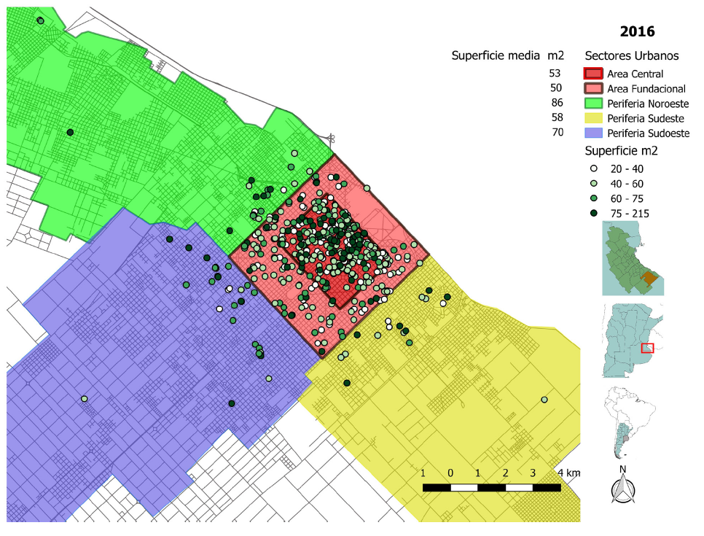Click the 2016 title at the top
pyautogui.click(x=637, y=31)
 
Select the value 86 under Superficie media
pyautogui.click(x=557, y=103)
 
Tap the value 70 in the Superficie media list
pyautogui.click(x=557, y=133)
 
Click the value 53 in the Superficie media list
pyautogui.click(x=555, y=73)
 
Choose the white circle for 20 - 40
pyautogui.click(x=594, y=168)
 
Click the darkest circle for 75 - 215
pyautogui.click(x=594, y=213)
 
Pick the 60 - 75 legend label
pyautogui.click(x=627, y=198)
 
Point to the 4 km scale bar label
pyautogui.click(x=568, y=473)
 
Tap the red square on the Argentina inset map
pyautogui.click(x=647, y=348)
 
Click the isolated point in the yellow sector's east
pyautogui.click(x=544, y=400)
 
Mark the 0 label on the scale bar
pyautogui.click(x=450, y=473)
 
